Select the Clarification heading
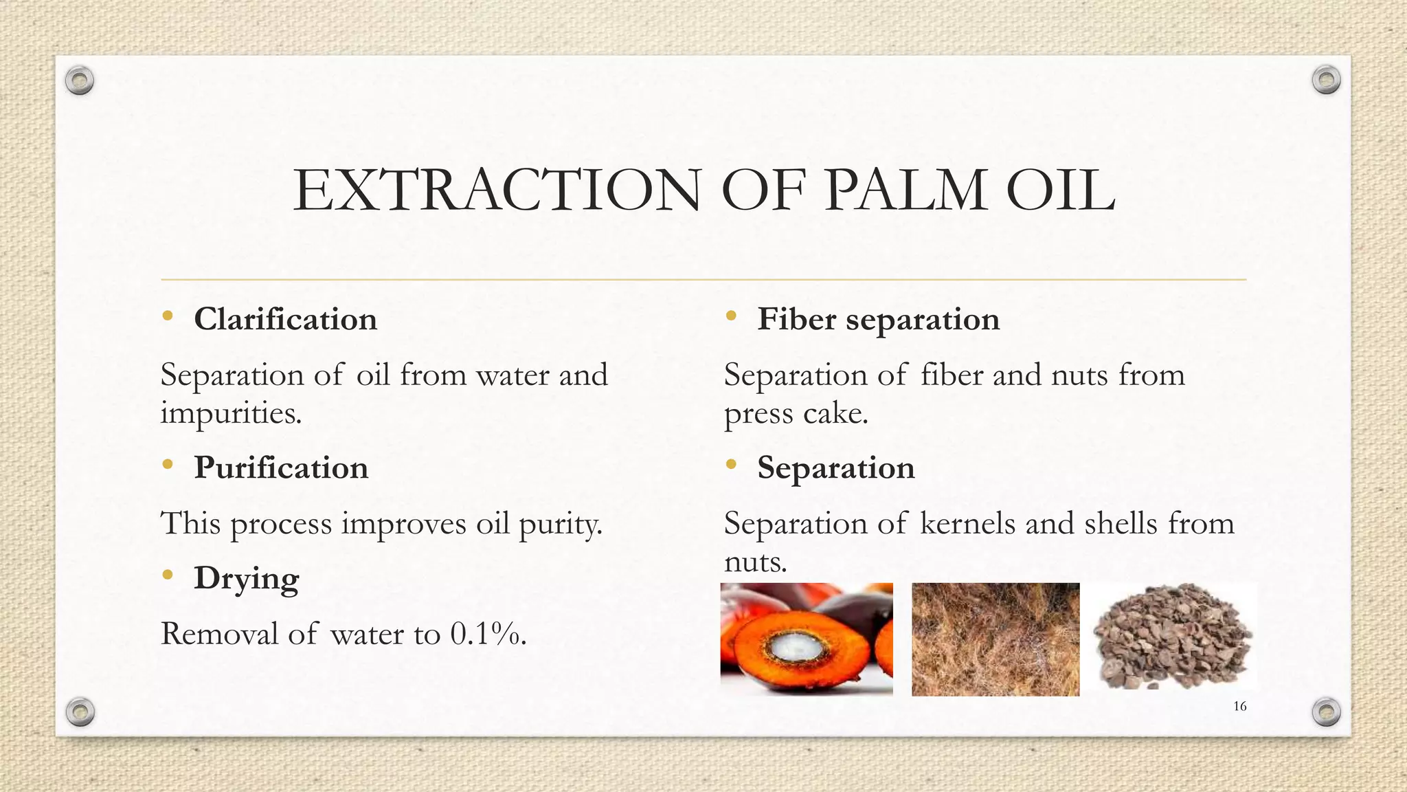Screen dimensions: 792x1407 point(285,320)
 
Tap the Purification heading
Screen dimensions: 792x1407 point(281,468)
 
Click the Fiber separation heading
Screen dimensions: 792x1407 point(878,320)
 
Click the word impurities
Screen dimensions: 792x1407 point(231,414)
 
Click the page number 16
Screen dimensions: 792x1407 point(1239,706)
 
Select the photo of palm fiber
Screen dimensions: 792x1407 point(995,639)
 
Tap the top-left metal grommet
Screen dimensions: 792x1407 point(80,81)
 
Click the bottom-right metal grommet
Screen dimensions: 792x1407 point(1326,712)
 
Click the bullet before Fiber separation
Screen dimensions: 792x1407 point(730,316)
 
